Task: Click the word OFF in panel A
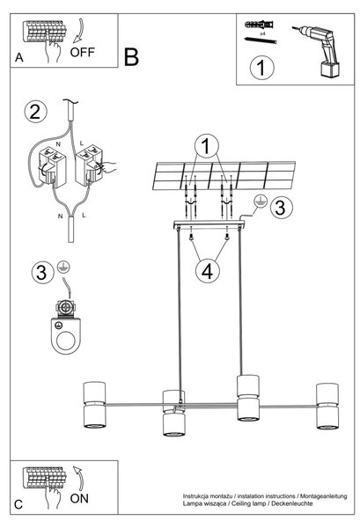tap(82, 52)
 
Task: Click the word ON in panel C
tap(79, 498)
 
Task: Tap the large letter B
tap(131, 57)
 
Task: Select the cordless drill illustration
tap(319, 50)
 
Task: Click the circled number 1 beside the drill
tap(261, 68)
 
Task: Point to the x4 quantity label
tap(262, 34)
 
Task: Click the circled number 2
tap(36, 112)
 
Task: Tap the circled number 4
tap(207, 271)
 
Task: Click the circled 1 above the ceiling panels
tap(207, 146)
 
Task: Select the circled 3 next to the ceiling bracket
tap(281, 207)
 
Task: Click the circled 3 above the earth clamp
tap(42, 272)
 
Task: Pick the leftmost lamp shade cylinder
tap(94, 405)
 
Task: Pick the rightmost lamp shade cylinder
tap(327, 406)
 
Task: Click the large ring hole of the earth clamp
tap(66, 341)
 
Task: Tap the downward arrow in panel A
tap(78, 31)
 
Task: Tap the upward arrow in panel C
tap(79, 479)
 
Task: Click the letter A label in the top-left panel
tap(19, 57)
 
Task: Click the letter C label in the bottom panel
tap(18, 504)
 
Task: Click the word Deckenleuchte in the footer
tap(291, 503)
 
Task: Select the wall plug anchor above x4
tap(259, 25)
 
